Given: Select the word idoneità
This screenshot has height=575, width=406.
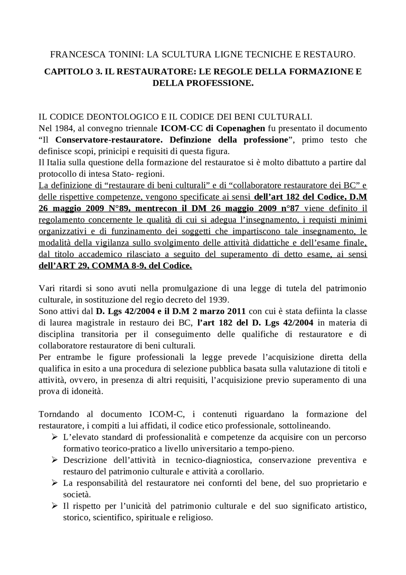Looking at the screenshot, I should (x=88, y=391).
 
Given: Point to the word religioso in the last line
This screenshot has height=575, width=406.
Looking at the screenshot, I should (x=198, y=518).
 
